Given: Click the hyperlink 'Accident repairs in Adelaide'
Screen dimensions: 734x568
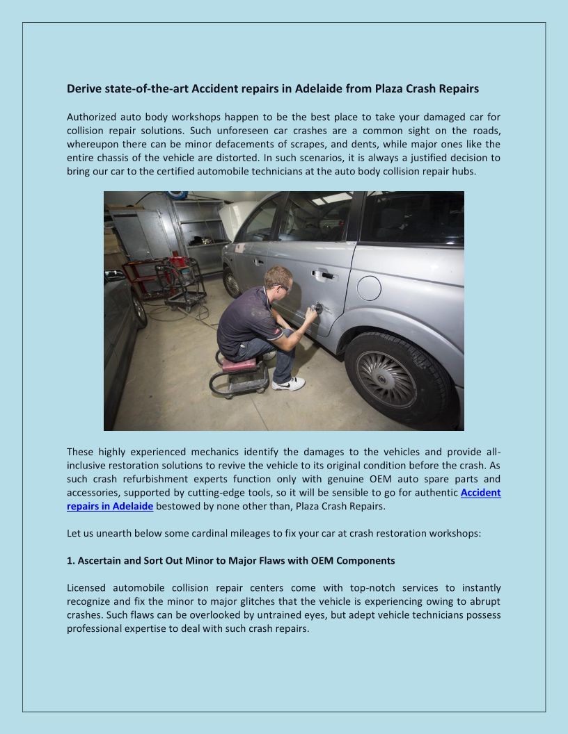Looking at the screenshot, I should click(110, 506).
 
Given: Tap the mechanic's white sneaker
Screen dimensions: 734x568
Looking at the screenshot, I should click(289, 383).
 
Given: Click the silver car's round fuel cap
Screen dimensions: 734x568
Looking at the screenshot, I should click(368, 288).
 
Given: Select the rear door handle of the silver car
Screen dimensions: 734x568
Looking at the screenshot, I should click(324, 275).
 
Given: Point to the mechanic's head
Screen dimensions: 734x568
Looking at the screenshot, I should click(277, 280).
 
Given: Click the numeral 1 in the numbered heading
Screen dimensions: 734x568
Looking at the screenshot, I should click(70, 560).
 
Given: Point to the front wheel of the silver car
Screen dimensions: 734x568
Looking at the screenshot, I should click(232, 282).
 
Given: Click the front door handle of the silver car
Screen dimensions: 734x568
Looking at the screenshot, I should click(259, 262).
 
